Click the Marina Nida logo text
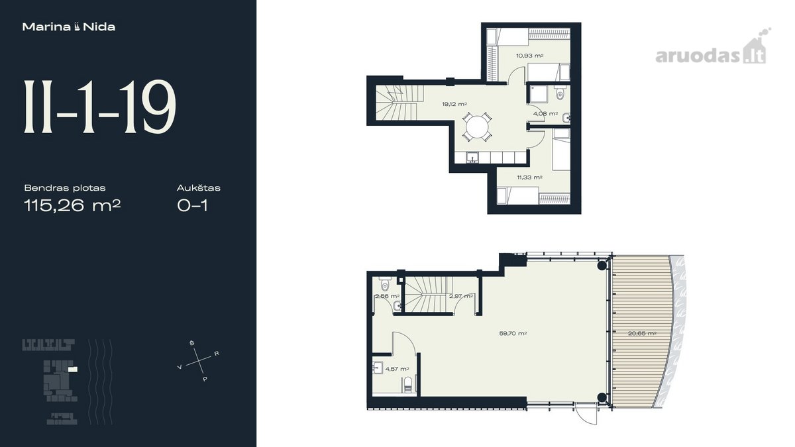click(x=69, y=27)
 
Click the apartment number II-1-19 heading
click(x=100, y=107)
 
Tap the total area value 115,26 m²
click(x=72, y=205)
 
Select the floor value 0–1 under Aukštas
click(x=192, y=205)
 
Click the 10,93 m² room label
click(x=530, y=56)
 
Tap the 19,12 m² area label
click(x=454, y=105)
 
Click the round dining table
click(x=477, y=127)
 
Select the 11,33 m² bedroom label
click(x=529, y=177)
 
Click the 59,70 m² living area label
click(x=513, y=334)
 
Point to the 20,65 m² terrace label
click(x=642, y=334)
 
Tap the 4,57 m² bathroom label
click(x=397, y=369)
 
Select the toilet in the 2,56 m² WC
click(x=385, y=284)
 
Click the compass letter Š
click(x=192, y=343)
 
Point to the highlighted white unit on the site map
click(x=73, y=370)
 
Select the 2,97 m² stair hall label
click(x=461, y=296)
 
